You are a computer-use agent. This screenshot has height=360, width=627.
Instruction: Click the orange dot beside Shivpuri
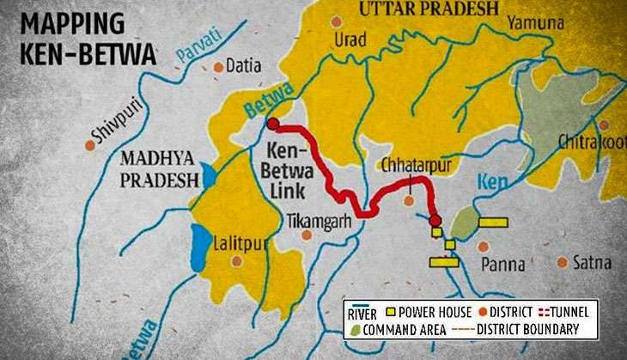click(x=89, y=145)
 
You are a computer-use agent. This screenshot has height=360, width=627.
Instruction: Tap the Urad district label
click(x=350, y=40)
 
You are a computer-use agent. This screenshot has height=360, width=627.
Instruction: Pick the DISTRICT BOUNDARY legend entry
click(x=525, y=329)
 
